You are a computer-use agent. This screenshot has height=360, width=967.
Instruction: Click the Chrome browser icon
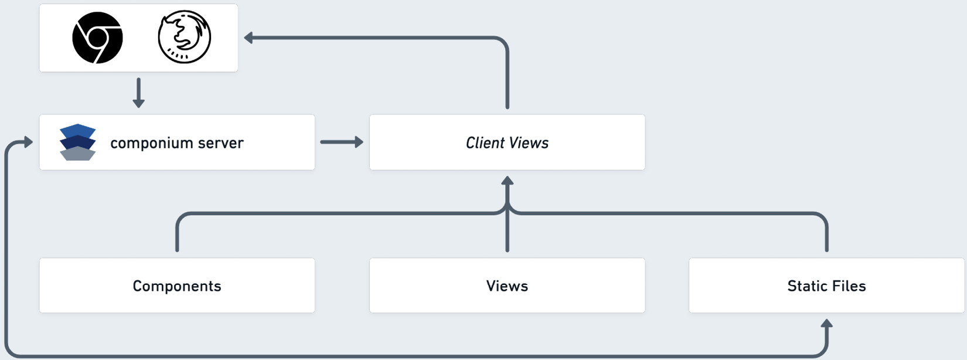click(x=97, y=38)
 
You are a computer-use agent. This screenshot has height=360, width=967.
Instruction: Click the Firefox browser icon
click(x=185, y=37)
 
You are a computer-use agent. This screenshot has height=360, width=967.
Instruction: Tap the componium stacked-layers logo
click(x=77, y=142)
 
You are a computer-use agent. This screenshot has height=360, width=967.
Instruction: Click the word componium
click(x=152, y=143)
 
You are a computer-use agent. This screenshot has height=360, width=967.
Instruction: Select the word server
click(x=220, y=143)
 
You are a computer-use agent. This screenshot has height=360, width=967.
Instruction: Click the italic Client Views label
click(x=507, y=143)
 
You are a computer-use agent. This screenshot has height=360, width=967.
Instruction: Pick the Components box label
click(x=177, y=286)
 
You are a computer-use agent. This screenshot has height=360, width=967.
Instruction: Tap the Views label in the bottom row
click(x=507, y=286)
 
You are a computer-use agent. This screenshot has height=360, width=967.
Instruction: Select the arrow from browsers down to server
click(x=138, y=93)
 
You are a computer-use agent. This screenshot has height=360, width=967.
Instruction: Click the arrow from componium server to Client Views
click(x=342, y=142)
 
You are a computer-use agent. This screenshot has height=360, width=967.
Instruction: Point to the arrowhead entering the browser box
click(x=248, y=38)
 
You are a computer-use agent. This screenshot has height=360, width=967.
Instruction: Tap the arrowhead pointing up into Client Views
click(x=508, y=181)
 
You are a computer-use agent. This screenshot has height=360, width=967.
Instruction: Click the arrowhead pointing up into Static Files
click(x=826, y=324)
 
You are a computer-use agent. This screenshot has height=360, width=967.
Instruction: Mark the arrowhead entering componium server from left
click(x=28, y=142)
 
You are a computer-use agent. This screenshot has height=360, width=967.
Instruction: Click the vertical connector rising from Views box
click(x=508, y=235)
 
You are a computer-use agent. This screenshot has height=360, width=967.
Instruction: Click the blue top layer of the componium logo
click(x=77, y=130)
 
